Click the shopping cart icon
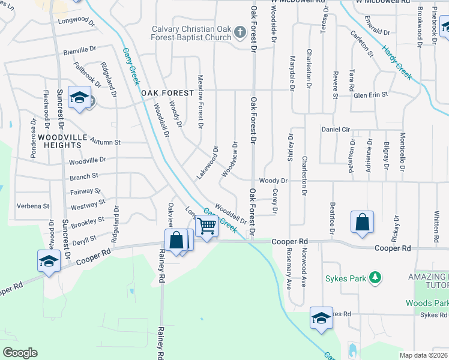pos(206,227)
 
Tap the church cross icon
pos(240,32)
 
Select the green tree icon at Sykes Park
pos(375,277)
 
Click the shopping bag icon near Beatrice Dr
pos(363,222)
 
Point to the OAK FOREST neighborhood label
pos(167,93)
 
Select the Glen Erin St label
pos(371,95)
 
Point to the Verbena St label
pos(33,206)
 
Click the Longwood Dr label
pos(77,21)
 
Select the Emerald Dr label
pos(377,31)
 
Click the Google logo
pos(20,353)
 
